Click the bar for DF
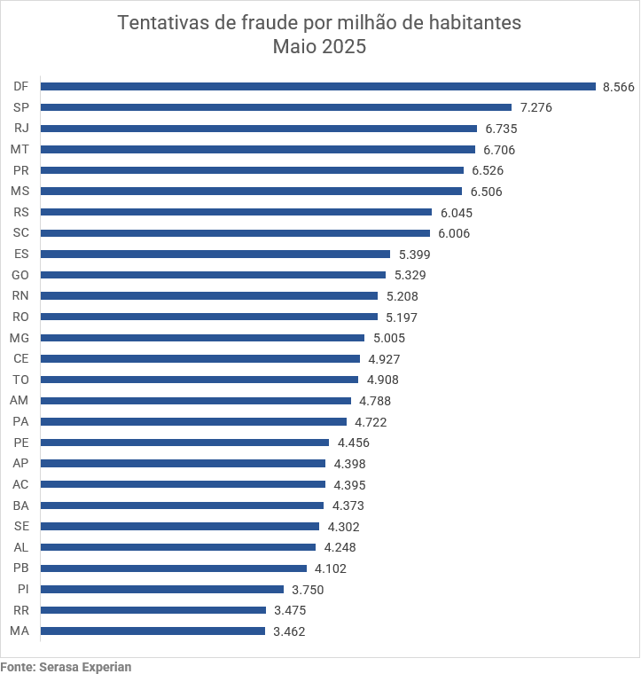317,86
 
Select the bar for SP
276,107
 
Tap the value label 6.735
501,129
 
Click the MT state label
20,149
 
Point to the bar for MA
152,631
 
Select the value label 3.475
290,610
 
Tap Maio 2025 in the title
319,47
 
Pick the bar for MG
202,338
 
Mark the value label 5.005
389,338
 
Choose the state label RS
21,212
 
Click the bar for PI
162,589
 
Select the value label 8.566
618,86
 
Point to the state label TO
20,380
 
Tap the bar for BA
182,505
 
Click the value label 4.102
331,568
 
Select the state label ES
21,254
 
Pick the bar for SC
235,233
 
